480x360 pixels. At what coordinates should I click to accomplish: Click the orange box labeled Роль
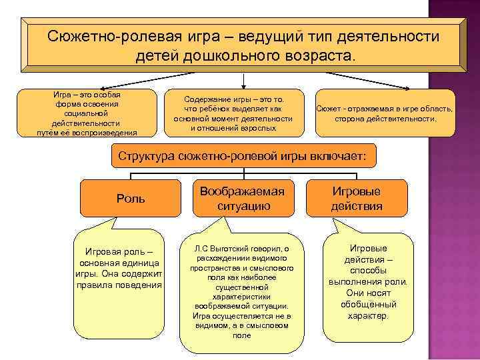point(130,199)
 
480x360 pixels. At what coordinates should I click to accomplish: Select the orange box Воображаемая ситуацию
point(243,199)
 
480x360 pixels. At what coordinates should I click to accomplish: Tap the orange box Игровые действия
point(357,199)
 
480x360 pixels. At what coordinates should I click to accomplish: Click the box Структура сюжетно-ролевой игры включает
point(242,157)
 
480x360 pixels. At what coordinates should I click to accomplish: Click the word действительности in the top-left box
point(86,123)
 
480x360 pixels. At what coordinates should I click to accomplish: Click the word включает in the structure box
point(341,157)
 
